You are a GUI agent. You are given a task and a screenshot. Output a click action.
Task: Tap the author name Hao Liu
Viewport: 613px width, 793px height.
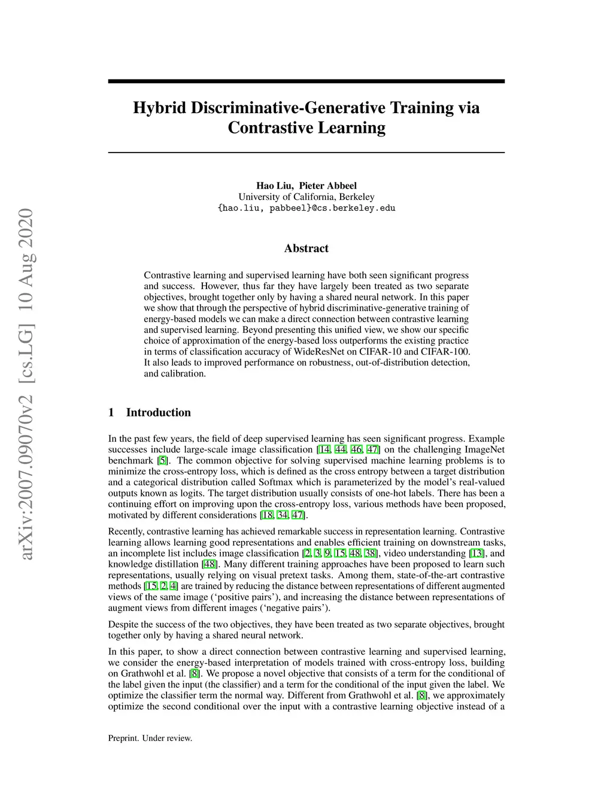click(275, 186)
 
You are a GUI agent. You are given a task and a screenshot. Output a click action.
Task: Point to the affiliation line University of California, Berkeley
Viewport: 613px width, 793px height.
click(306, 197)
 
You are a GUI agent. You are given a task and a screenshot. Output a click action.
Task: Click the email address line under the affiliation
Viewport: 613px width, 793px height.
click(306, 208)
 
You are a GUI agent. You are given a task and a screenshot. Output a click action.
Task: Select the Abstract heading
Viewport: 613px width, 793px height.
click(306, 248)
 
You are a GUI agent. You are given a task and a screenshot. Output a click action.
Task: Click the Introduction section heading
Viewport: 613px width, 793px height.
click(158, 412)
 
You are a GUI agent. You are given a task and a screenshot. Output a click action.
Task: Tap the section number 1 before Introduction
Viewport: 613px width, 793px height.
click(111, 412)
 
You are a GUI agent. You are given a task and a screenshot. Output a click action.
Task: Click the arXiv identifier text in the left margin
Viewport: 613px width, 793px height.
click(26, 383)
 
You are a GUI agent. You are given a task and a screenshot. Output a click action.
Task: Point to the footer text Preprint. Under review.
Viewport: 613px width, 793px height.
click(150, 738)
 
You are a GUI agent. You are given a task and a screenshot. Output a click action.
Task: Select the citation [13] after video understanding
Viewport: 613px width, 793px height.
click(478, 553)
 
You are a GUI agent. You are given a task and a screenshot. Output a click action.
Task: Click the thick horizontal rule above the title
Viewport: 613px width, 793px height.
click(306, 81)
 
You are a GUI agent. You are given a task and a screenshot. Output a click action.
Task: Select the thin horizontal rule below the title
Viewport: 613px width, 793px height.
click(306, 153)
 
